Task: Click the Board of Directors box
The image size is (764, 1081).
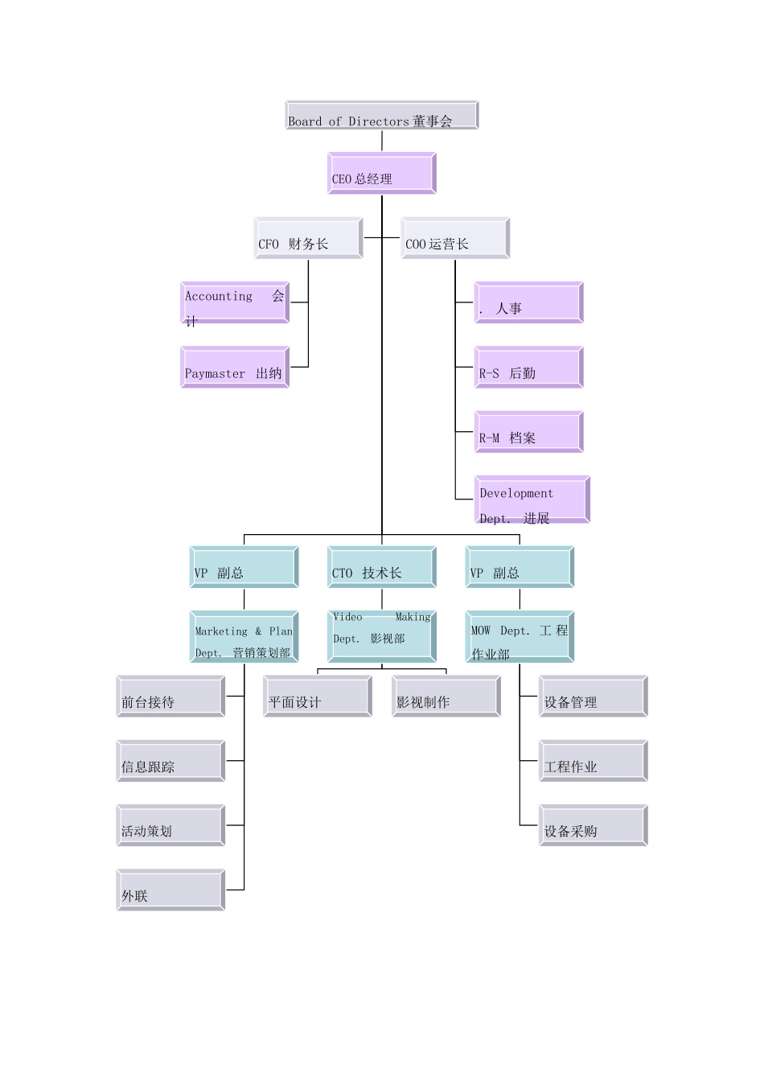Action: [x=382, y=115]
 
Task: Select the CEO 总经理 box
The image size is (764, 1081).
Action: [x=382, y=174]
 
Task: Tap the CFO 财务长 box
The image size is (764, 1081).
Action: [x=308, y=238]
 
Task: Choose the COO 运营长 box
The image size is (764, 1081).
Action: [x=455, y=238]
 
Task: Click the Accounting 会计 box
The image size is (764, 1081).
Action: [x=235, y=303]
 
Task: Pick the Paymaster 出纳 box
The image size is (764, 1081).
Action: [x=235, y=368]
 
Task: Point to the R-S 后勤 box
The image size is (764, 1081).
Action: [x=528, y=368]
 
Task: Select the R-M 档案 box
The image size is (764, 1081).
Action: [x=528, y=432]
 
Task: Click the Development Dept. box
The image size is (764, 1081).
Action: [x=532, y=500]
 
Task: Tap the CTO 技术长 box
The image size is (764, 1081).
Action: [x=382, y=567]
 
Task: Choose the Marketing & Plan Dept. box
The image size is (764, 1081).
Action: [x=244, y=637]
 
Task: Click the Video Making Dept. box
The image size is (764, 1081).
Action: [x=382, y=636]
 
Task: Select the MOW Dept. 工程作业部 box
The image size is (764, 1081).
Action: [x=520, y=637]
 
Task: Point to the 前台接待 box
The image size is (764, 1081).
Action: [x=170, y=697]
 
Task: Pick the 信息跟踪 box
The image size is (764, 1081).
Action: [x=170, y=761]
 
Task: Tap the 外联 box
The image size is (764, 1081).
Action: [x=170, y=890]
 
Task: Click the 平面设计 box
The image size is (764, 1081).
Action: [x=318, y=697]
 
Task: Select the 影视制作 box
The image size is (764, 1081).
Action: [x=446, y=697]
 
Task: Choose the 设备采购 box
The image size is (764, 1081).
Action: [x=593, y=825]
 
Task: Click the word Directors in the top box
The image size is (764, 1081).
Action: [x=379, y=121]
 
